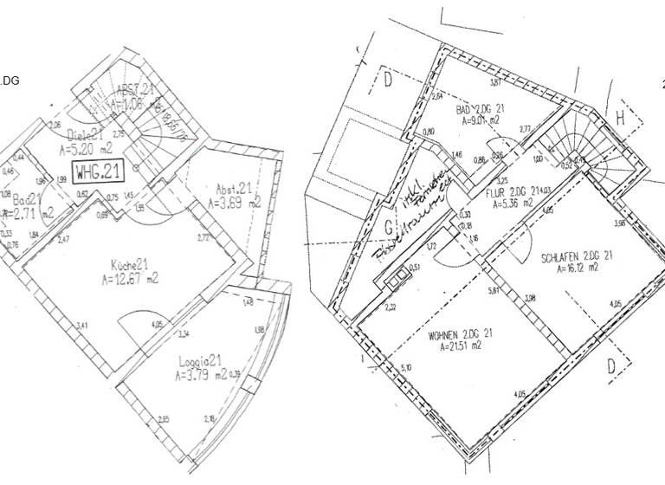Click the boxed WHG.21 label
[98, 171]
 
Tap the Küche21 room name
[127, 264]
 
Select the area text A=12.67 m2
[127, 278]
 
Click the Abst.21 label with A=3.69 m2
[233, 189]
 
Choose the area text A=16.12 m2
[575, 268]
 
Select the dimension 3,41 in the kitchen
[81, 325]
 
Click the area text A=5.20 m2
[86, 148]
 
